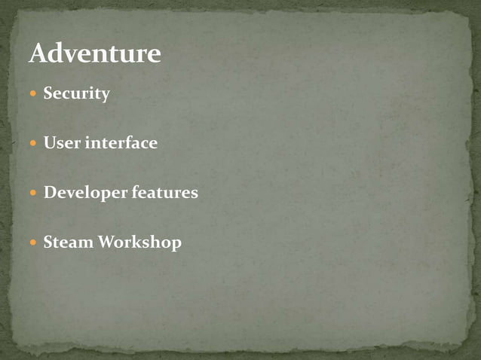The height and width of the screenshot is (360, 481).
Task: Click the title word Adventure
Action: point(95,54)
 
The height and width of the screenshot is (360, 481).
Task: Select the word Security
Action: point(77,94)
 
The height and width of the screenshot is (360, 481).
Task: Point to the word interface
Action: point(121,142)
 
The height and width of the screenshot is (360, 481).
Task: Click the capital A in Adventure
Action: point(39,54)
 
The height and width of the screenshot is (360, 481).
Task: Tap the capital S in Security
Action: point(48,94)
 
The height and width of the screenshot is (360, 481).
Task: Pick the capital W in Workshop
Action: point(108,243)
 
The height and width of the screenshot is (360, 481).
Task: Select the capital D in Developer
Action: point(51,193)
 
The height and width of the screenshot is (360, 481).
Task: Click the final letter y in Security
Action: point(106,96)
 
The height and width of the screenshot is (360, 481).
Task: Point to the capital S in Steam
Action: point(48,243)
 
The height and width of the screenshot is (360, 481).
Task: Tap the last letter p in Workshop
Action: point(176,245)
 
